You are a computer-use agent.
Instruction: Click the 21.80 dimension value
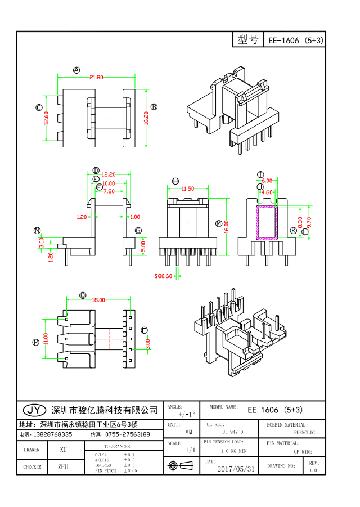click(x=96, y=78)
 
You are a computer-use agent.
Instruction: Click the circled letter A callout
click(x=76, y=70)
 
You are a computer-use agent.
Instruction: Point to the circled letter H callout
click(x=175, y=181)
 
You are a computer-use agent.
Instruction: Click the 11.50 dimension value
click(x=188, y=189)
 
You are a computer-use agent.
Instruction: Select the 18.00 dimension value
click(x=98, y=300)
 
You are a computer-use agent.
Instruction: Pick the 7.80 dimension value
click(x=109, y=191)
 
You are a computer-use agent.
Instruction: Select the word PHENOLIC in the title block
click(x=304, y=433)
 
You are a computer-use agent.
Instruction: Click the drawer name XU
click(x=64, y=450)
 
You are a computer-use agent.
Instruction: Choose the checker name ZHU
click(x=64, y=466)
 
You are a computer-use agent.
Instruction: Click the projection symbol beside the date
click(x=174, y=466)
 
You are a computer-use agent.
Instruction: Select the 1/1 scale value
click(x=191, y=451)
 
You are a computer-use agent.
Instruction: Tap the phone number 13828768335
click(x=53, y=434)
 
